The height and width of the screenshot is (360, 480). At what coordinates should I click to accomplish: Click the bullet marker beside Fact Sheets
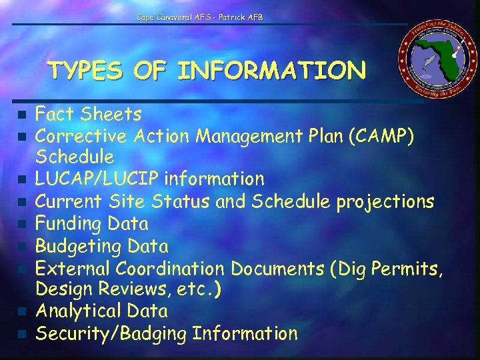coord(23,115)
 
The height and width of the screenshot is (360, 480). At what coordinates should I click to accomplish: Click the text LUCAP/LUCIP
coord(97,179)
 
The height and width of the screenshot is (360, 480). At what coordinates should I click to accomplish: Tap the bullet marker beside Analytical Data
coord(23,311)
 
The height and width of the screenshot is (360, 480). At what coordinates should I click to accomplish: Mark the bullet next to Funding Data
coord(23,223)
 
